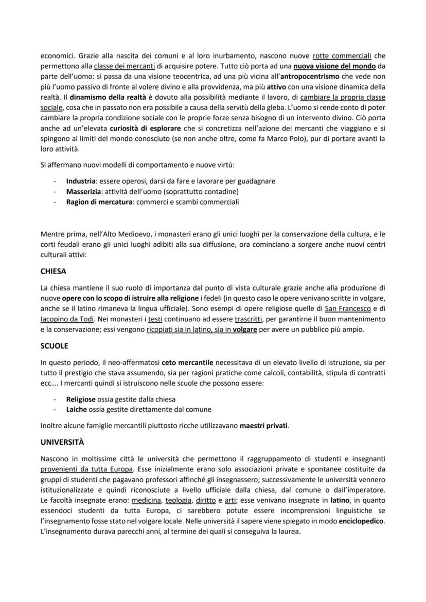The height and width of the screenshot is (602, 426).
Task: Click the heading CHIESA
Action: pos(53,271)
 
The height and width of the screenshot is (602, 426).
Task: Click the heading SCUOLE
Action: pos(54,346)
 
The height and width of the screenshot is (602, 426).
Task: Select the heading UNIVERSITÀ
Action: pos(62,442)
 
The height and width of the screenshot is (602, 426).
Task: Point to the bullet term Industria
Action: pos(80,181)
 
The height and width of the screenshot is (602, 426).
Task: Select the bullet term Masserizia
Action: pos(83,192)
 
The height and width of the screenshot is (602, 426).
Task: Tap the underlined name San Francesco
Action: pos(347,308)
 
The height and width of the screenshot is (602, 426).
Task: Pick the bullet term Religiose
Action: pos(80,399)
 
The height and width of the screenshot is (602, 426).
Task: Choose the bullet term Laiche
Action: pos(76,409)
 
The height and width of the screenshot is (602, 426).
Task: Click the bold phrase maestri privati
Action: pos(264,426)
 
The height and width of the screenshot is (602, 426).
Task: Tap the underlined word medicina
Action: pos(146,500)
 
